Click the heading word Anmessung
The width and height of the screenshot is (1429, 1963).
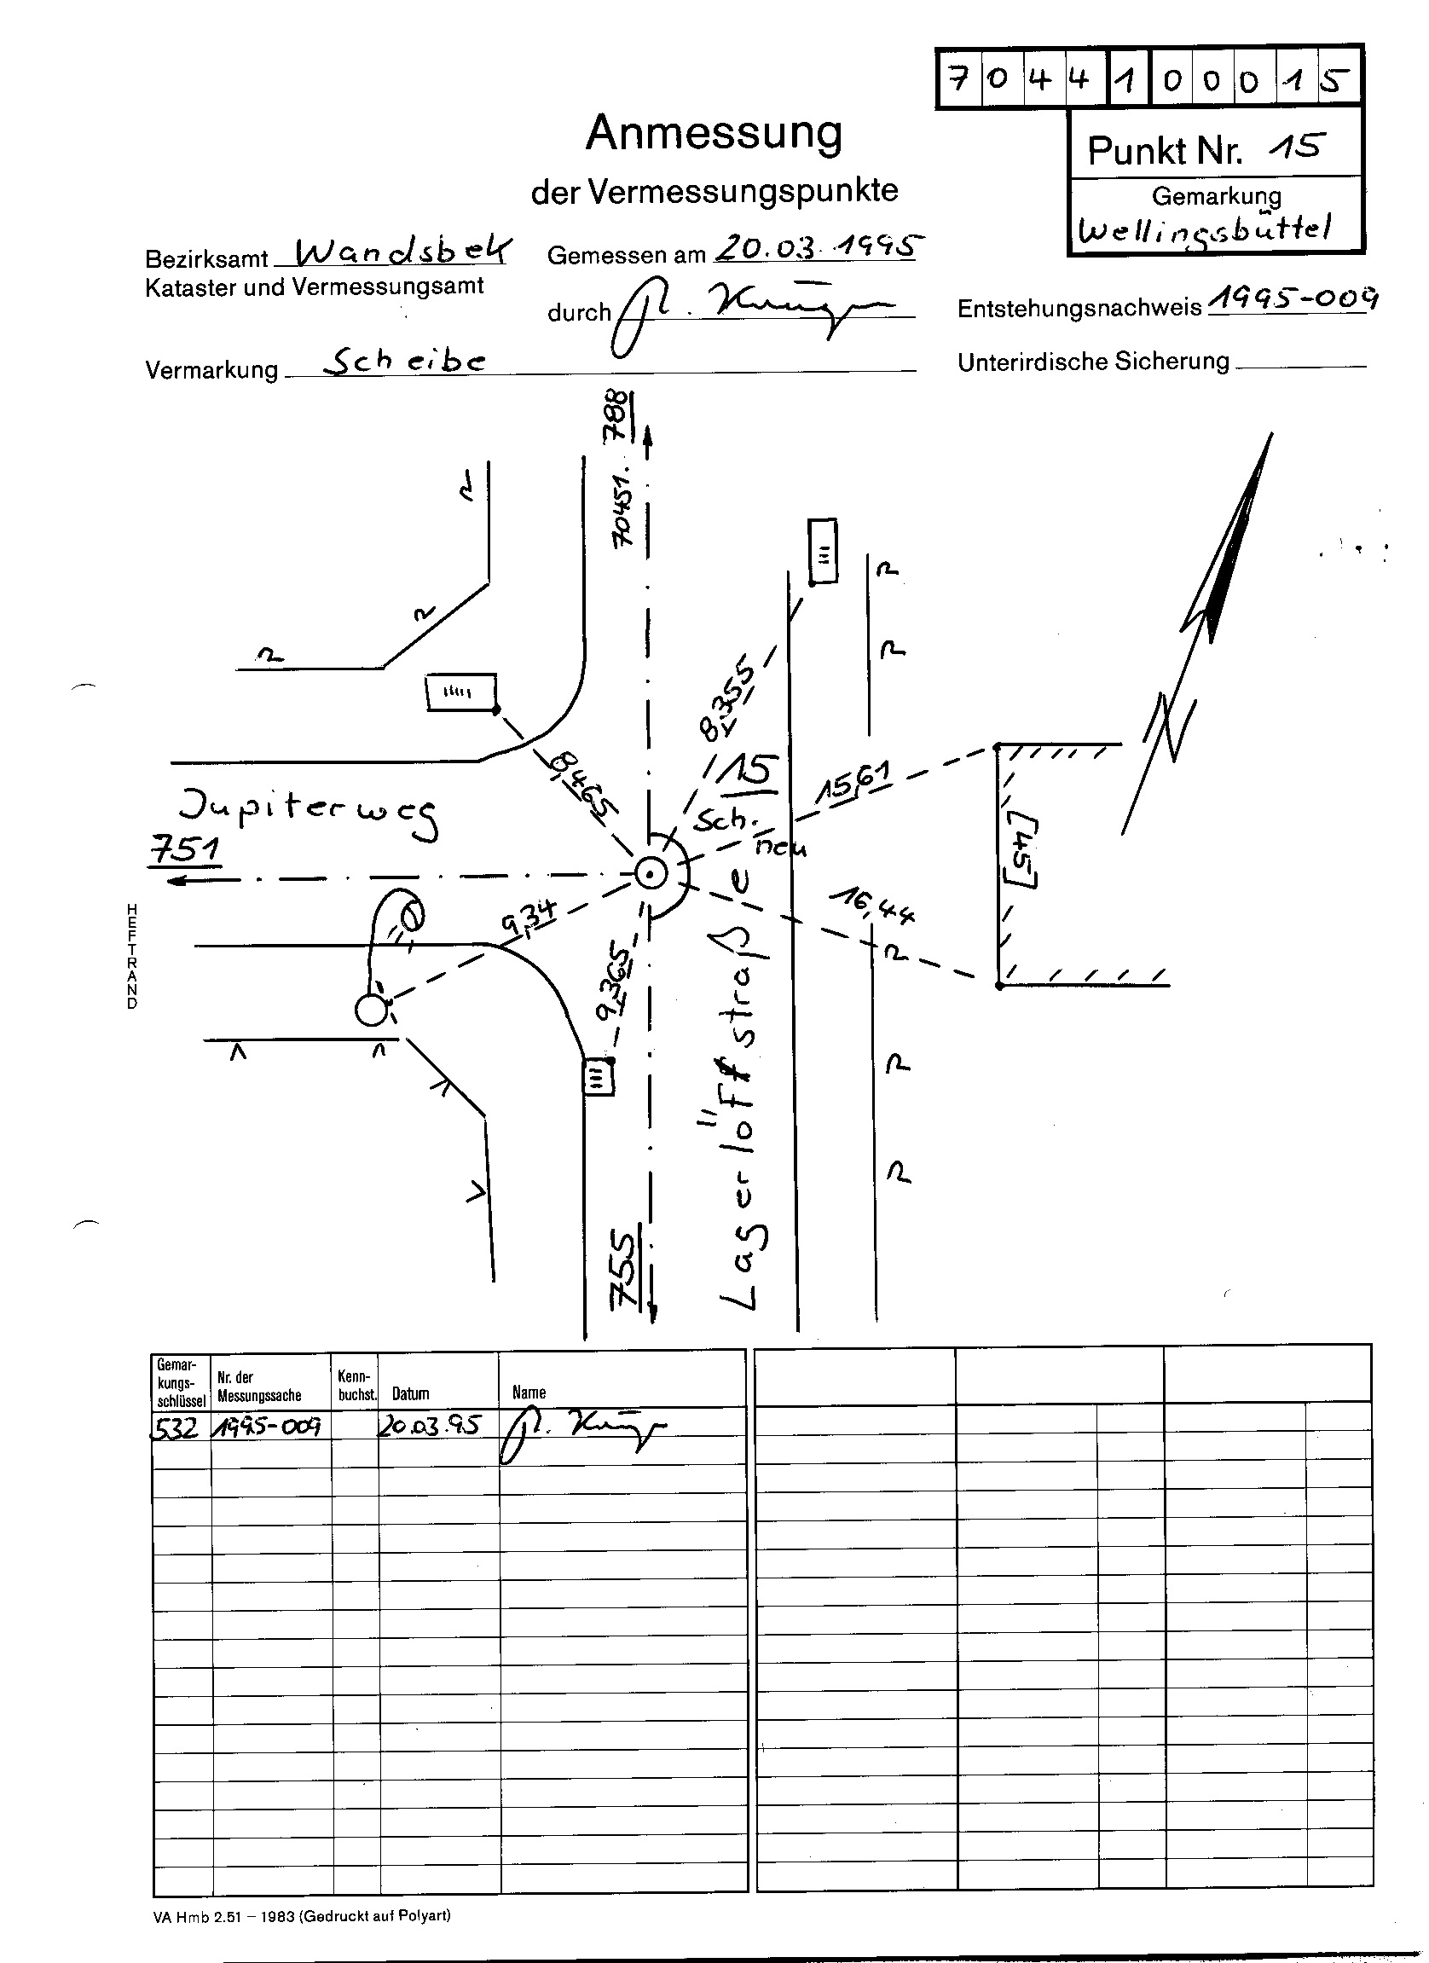click(713, 134)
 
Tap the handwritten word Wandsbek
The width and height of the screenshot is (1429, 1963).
click(402, 251)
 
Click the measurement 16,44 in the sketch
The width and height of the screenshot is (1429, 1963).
click(872, 906)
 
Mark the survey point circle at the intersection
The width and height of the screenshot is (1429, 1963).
click(650, 874)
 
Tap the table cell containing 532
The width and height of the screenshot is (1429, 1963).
click(180, 1426)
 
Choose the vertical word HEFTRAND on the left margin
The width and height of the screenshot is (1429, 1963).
click(131, 956)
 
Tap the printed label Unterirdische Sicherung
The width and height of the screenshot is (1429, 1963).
click(1093, 361)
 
